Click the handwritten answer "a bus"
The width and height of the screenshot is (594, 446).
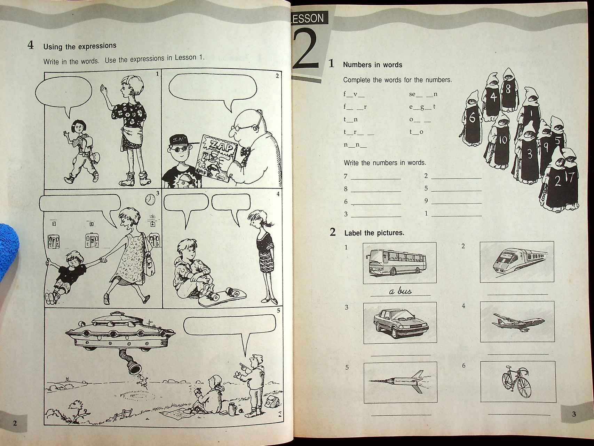click(x=400, y=291)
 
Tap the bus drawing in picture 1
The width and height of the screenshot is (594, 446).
click(x=396, y=262)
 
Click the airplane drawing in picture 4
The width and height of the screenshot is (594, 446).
click(x=518, y=321)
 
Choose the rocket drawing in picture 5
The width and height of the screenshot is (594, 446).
click(x=397, y=381)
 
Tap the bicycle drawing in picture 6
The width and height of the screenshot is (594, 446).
click(x=517, y=382)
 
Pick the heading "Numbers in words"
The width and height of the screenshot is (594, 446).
click(x=373, y=65)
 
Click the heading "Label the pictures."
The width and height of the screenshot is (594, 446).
click(x=374, y=233)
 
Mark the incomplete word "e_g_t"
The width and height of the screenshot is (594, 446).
click(x=422, y=107)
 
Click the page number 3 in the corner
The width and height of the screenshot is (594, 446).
click(x=574, y=414)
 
